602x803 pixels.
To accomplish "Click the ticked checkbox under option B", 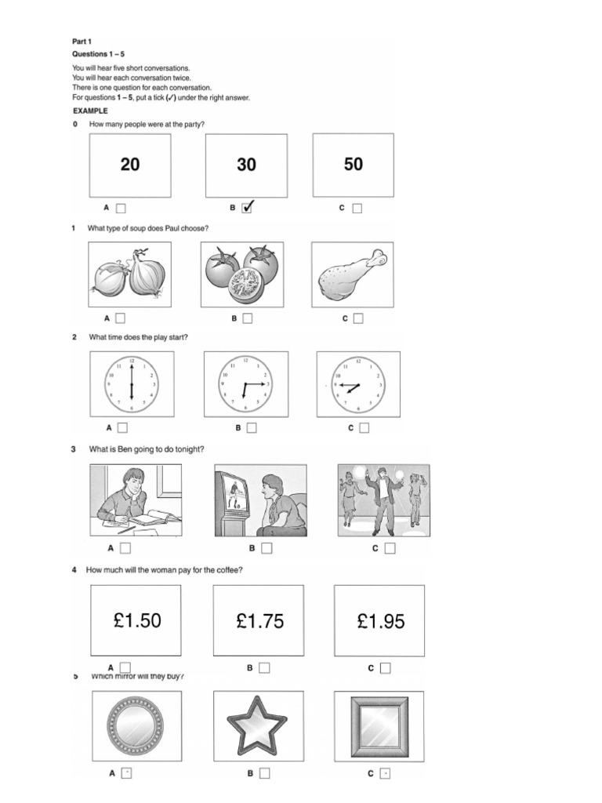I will click(x=248, y=208).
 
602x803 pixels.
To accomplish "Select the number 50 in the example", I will click(x=354, y=164).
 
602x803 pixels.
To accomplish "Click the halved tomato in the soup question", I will click(x=246, y=288).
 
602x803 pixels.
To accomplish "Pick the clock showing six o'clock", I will click(x=132, y=384).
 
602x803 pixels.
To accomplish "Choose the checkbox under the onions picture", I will click(x=121, y=318).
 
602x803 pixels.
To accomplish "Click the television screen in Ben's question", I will click(x=232, y=496).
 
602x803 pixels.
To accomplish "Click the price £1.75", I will click(x=259, y=622).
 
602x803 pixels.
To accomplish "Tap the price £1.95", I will click(x=381, y=622).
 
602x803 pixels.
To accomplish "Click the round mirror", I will click(x=135, y=725).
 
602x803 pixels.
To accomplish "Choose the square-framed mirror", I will click(x=379, y=726).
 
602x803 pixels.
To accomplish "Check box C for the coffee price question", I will click(x=386, y=668).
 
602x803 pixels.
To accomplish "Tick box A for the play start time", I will click(x=122, y=428).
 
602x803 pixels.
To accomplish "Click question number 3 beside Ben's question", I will click(x=74, y=449).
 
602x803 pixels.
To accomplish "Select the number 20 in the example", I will click(x=130, y=165).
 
